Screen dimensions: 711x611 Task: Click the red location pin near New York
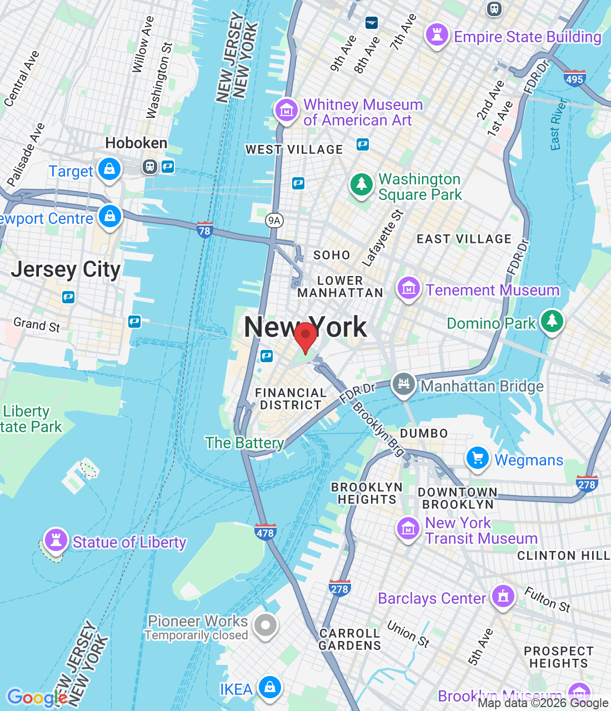(x=305, y=336)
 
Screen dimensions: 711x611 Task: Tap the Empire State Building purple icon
(x=437, y=35)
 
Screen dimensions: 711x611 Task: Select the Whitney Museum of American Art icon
(x=287, y=110)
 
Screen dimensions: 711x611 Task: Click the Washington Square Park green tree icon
(x=362, y=183)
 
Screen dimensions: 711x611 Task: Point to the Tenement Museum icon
(x=408, y=288)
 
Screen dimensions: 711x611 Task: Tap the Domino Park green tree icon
(x=552, y=321)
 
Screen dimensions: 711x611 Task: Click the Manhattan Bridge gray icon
(x=404, y=384)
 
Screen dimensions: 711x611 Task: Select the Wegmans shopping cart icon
(x=477, y=459)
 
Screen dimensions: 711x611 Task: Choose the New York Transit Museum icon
(x=408, y=529)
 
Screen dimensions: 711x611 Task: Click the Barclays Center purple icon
(x=503, y=597)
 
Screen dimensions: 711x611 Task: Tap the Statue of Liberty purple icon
(x=56, y=540)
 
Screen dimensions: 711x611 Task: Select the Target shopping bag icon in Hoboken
(x=109, y=169)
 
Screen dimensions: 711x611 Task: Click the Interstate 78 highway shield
(x=204, y=230)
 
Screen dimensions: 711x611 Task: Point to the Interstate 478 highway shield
(x=265, y=532)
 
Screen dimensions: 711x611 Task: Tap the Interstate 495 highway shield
(x=574, y=78)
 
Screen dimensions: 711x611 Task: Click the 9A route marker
(x=274, y=221)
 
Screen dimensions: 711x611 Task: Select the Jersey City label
(x=66, y=270)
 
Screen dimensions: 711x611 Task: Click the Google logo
(x=37, y=697)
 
